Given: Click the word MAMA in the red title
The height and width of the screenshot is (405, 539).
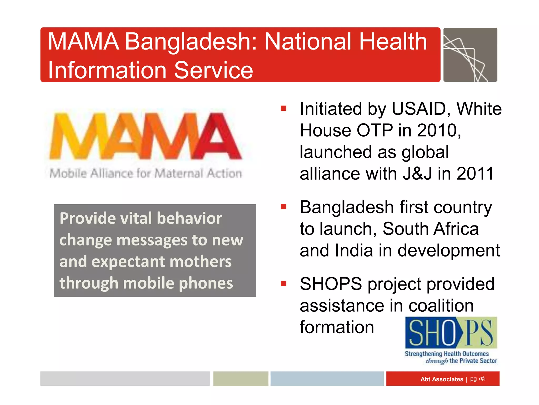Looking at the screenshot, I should click(83, 41).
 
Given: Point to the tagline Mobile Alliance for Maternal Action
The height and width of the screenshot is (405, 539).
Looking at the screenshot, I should click(145, 173).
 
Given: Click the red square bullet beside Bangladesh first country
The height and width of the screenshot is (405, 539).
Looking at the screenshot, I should click(283, 207).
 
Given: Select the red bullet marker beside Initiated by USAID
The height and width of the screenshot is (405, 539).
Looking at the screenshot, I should click(283, 108).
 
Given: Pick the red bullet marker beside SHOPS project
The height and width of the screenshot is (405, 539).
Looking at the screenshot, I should click(283, 284).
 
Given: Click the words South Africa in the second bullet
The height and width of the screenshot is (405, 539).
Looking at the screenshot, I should click(430, 229).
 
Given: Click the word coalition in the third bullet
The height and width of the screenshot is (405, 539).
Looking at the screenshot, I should click(441, 306).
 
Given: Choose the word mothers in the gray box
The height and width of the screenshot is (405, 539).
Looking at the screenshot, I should click(201, 262).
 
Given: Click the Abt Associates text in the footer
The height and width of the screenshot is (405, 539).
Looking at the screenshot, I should click(442, 379).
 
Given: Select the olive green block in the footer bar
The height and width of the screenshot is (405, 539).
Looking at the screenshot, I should click(241, 379).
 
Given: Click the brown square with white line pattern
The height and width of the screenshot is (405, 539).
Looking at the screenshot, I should click(470, 55).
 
